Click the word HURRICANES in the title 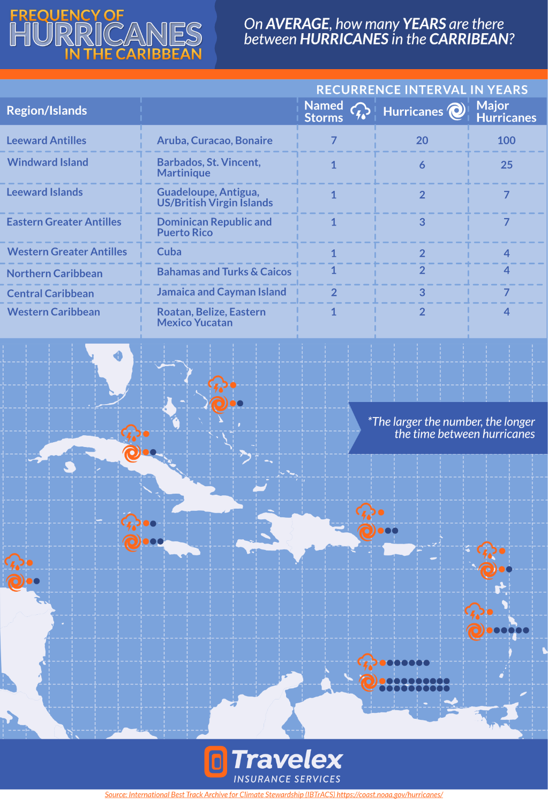pos(106,34)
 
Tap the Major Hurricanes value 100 pos(506,140)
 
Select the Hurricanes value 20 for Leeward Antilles pos(422,140)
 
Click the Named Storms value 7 pos(334,140)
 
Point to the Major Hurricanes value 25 pos(506,165)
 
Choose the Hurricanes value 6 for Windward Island pos(422,165)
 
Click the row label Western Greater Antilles pos(67,252)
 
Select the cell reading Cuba pos(169,252)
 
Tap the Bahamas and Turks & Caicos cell pos(224,272)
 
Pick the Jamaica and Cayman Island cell pos(221,292)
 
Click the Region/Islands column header pos(47,111)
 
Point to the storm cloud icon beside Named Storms pos(361,111)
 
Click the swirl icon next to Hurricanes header pos(456,111)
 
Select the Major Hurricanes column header pos(506,111)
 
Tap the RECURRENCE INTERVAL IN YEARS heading pos(422,90)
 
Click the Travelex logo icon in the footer pos(215,762)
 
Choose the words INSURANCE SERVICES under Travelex pos(287,779)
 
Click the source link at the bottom pos(274,794)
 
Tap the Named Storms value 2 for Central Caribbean pos(334,293)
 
